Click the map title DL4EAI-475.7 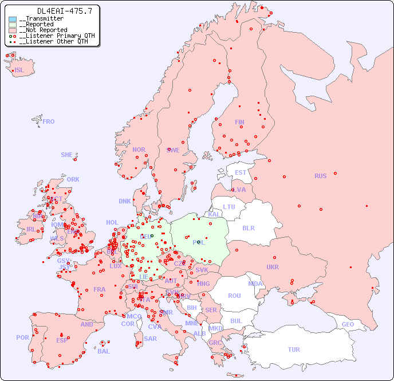click(x=56, y=11)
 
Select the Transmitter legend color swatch click(x=13, y=19)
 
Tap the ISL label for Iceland click(x=19, y=70)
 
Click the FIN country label click(x=239, y=122)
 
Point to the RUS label click(x=320, y=176)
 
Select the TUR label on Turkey click(x=294, y=349)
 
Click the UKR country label click(x=273, y=267)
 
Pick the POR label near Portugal click(x=22, y=337)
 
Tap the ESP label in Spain click(x=62, y=340)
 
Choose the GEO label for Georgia click(x=348, y=324)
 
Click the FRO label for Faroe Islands click(x=49, y=121)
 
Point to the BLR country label click(x=248, y=227)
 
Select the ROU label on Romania click(x=234, y=296)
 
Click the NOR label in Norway click(x=139, y=150)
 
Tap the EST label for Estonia click(x=241, y=172)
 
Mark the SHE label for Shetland click(x=67, y=155)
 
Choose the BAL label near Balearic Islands click(x=103, y=351)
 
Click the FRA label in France click(x=100, y=289)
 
